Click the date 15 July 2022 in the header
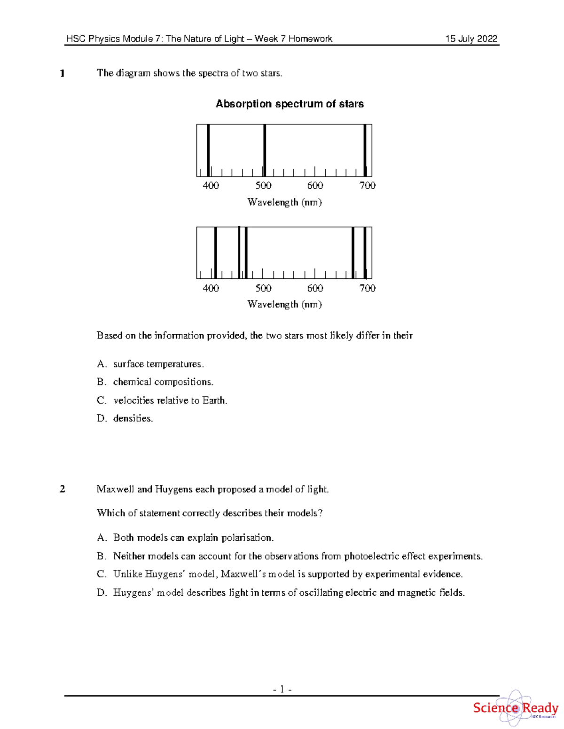tap(471, 39)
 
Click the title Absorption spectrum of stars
tap(290, 104)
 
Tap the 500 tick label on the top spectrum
tap(263, 185)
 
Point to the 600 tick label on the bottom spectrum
tap(315, 288)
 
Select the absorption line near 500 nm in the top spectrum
tap(265, 150)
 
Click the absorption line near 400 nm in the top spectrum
tap(208, 150)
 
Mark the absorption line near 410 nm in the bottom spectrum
tap(215, 253)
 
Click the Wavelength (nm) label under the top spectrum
tap(284, 202)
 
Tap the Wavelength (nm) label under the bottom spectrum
tap(284, 304)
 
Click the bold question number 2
tap(63, 489)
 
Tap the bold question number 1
tap(62, 73)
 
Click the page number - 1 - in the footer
tap(282, 689)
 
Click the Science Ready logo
tap(515, 708)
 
